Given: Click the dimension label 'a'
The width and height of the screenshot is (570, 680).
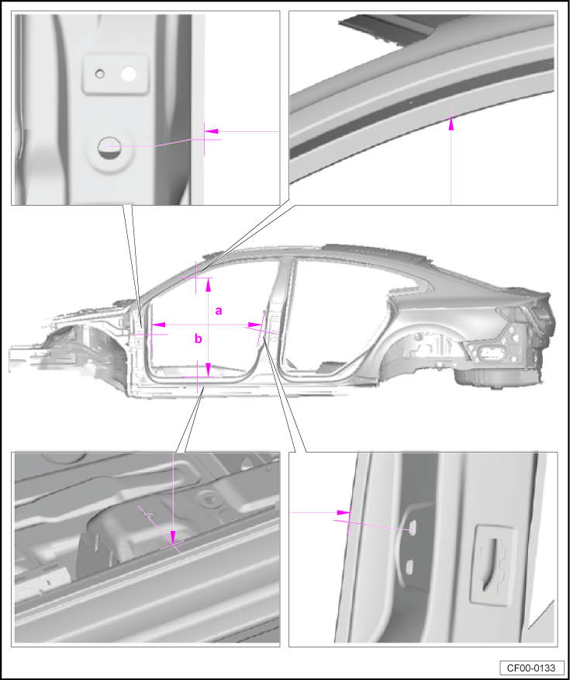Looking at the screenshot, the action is coord(219,311).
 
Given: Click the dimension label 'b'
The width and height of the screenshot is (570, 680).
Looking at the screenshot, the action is coord(199,338).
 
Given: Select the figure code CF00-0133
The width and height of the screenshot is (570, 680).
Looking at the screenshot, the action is coord(532,668).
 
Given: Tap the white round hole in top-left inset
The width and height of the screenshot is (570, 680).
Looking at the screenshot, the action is coord(129,75).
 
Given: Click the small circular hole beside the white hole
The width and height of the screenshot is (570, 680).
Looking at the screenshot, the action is coord(100,75).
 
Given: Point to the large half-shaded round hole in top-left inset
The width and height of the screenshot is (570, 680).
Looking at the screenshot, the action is coord(109,148).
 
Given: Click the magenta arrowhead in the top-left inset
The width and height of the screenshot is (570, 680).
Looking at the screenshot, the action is coord(211,131).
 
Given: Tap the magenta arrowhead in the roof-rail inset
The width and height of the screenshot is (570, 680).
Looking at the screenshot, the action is coord(451,123).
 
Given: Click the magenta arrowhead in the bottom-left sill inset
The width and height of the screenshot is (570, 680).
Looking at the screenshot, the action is coord(173,536).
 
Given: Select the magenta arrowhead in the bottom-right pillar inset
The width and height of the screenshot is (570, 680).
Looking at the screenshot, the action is coord(344,512).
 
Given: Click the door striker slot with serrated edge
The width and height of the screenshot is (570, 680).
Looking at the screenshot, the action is coord(492,564).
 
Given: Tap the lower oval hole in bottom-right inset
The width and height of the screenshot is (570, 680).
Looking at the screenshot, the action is coord(409,566).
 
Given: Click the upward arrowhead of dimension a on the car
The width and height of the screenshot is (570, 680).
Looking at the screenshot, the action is coord(209,284).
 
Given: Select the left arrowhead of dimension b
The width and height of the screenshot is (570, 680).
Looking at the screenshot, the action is coord(158,324).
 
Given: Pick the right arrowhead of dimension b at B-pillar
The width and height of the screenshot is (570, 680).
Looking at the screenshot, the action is coord(254,324).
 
